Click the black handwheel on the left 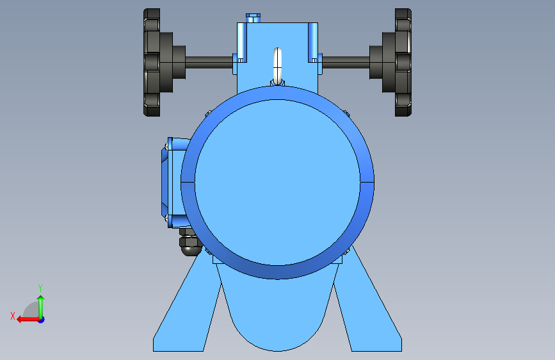[152, 62]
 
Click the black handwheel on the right [403, 62]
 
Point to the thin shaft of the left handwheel [209, 62]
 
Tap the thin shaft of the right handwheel [346, 62]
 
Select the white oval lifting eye [278, 66]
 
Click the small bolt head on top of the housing [253, 18]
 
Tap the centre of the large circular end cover [278, 183]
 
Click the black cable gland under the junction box [189, 243]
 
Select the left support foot [184, 312]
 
